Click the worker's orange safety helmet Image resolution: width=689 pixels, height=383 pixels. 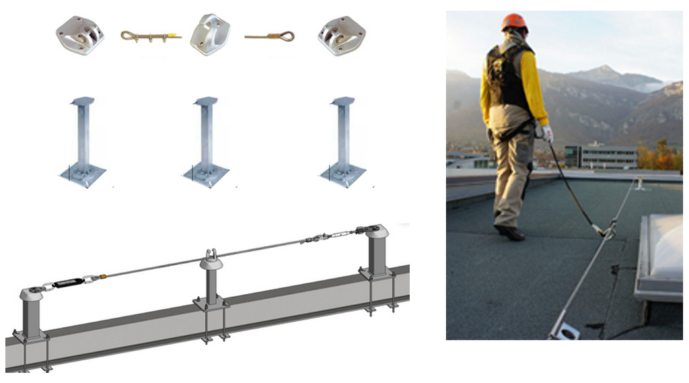click(513, 22)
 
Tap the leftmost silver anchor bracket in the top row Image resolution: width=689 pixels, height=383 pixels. click(80, 35)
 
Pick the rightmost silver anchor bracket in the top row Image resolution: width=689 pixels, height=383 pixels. click(342, 35)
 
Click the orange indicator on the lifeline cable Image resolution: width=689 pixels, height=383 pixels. click(103, 275)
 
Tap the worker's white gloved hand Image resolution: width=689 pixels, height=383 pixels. click(548, 133)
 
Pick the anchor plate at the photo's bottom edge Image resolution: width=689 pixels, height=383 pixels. click(564, 330)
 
